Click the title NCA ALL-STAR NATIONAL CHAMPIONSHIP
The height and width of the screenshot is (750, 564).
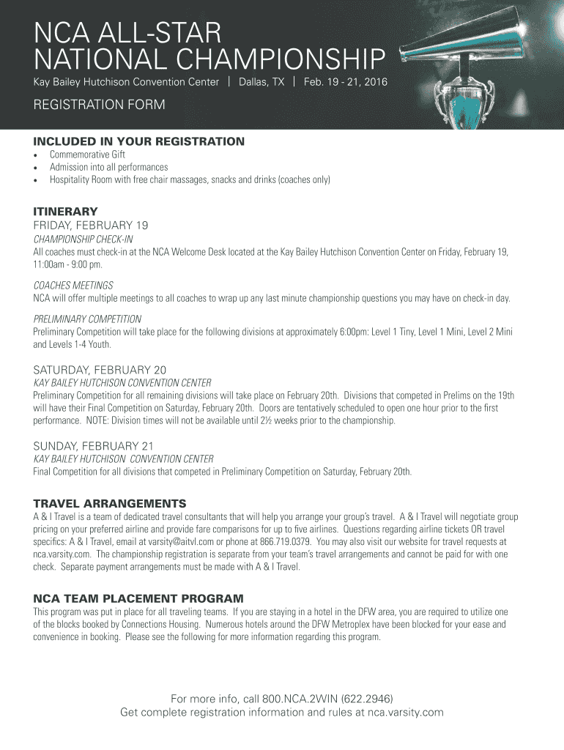pyautogui.click(x=209, y=46)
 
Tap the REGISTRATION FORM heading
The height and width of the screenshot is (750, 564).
pyautogui.click(x=99, y=105)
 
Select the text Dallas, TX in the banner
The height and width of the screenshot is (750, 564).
pyautogui.click(x=261, y=82)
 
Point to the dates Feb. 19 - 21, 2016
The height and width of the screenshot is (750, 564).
pyautogui.click(x=346, y=82)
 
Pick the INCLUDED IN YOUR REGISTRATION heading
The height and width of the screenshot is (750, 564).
pyautogui.click(x=139, y=141)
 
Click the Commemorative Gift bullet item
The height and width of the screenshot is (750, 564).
pyautogui.click(x=87, y=155)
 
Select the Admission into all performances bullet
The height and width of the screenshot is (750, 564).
pyautogui.click(x=108, y=167)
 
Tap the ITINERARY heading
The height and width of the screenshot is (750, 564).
pyautogui.click(x=66, y=211)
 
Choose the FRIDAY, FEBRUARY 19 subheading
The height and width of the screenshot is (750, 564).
pyautogui.click(x=91, y=225)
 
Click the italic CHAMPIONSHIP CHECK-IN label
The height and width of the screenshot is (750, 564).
pyautogui.click(x=83, y=240)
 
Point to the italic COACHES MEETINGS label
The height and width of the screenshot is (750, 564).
pyautogui.click(x=73, y=285)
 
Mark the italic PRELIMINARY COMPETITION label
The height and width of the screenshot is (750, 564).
pyautogui.click(x=87, y=319)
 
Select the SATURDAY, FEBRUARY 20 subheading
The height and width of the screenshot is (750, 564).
pyautogui.click(x=100, y=369)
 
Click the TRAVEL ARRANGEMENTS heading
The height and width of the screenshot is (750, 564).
pyautogui.click(x=110, y=503)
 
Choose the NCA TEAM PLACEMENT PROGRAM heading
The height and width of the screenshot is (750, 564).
pyautogui.click(x=138, y=598)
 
